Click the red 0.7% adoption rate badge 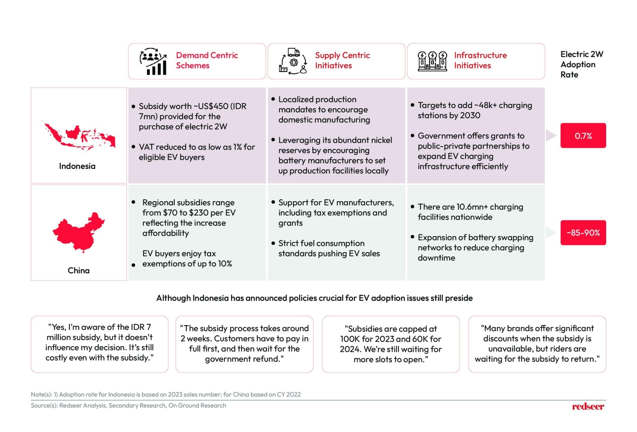583,136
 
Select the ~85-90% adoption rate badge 583,233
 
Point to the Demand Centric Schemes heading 207,60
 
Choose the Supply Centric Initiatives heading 342,60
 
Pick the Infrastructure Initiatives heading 480,60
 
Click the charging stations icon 432,61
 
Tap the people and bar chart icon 153,61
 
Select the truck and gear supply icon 293,61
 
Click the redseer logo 588,406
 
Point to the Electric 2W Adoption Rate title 581,64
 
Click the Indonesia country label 77,166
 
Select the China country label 79,270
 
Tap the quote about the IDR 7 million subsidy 100,342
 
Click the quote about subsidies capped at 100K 391,344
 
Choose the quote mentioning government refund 244,343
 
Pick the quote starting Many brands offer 537,343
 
